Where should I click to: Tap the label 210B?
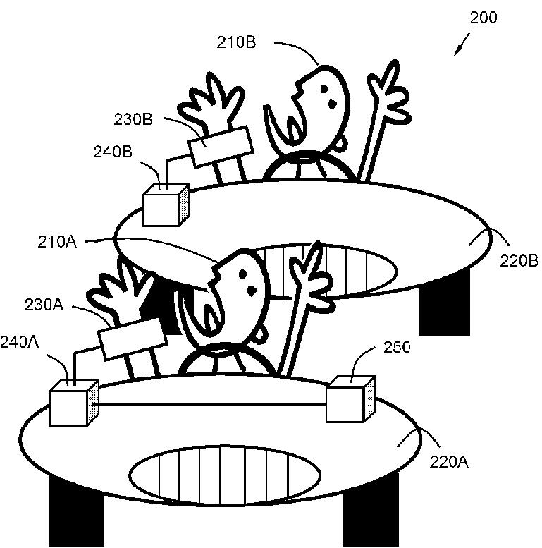pos(236,43)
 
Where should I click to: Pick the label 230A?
pos(44,305)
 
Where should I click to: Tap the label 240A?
pos(20,342)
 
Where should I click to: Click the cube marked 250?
pos(350,400)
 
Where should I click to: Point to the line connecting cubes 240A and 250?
pos(211,404)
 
